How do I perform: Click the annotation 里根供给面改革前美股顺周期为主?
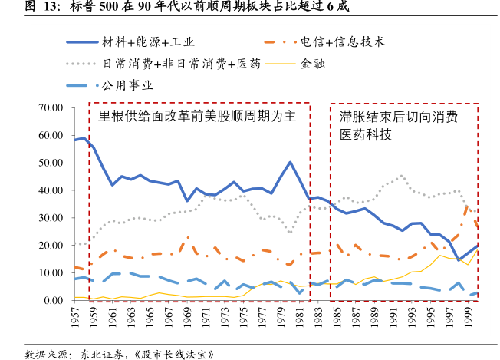pos(197,117)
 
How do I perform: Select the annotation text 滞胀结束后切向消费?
pos(398,117)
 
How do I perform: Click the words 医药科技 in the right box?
pos(366,135)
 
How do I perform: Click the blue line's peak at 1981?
pos(290,162)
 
